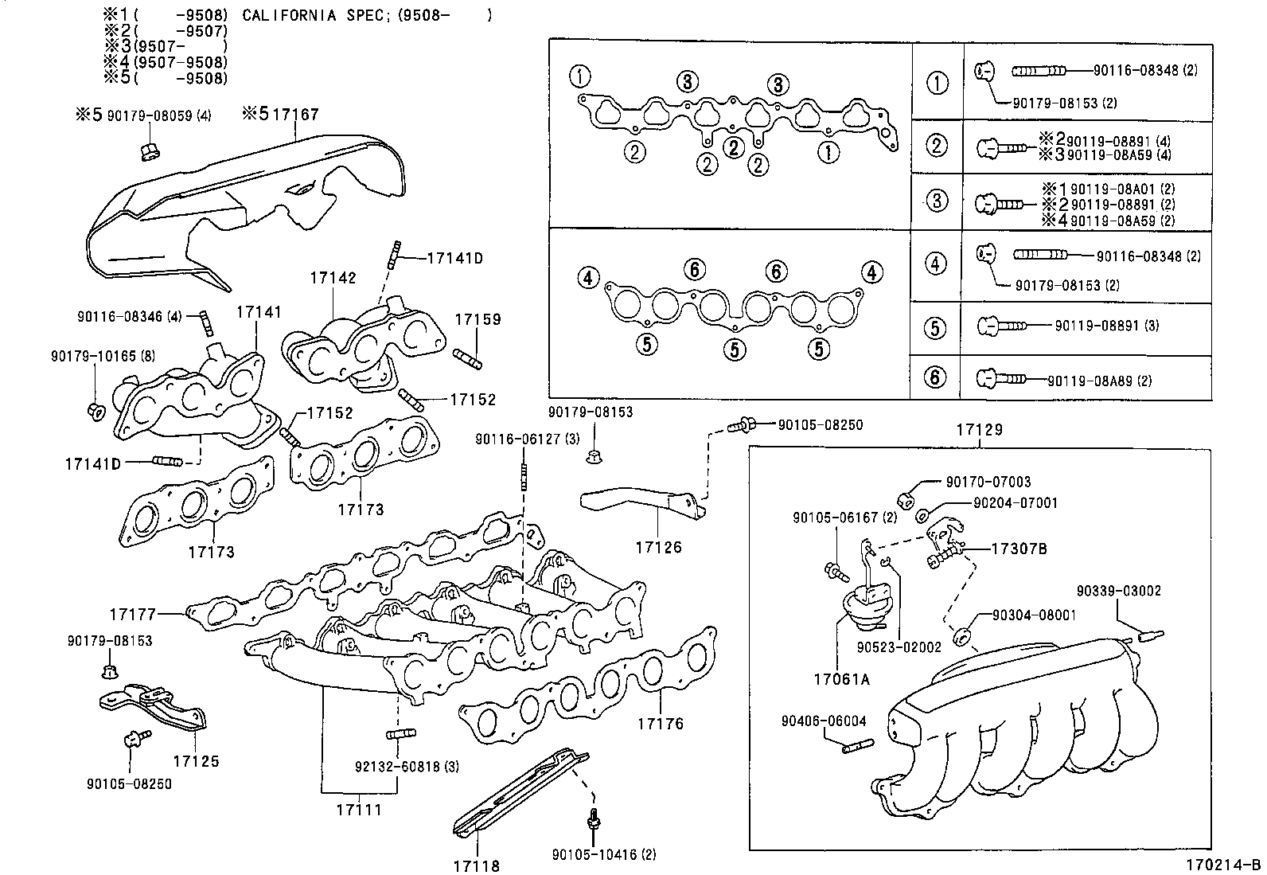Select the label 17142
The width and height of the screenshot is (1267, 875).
tap(333, 278)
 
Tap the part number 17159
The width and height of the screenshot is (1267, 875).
tap(478, 320)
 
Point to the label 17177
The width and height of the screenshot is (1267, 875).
tap(132, 614)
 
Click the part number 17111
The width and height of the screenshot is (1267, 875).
tap(358, 810)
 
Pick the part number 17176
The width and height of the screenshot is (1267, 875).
tap(660, 724)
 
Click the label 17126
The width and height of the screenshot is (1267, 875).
tap(658, 548)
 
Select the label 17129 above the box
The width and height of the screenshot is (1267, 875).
tap(979, 430)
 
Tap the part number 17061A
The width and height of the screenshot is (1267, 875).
tap(841, 679)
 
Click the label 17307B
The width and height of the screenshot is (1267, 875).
tap(1019, 549)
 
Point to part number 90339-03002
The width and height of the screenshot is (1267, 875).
tap(1118, 591)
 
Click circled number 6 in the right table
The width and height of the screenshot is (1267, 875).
tap(934, 377)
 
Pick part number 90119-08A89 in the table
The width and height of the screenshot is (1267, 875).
tap(1089, 381)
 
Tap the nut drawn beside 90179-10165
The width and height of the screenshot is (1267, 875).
tap(95, 412)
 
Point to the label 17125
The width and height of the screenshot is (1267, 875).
tap(196, 761)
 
